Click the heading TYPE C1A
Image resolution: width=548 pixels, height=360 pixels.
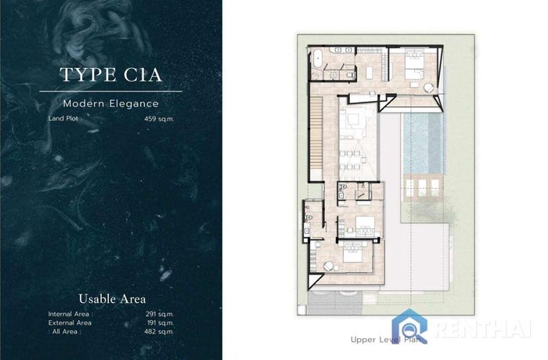111,74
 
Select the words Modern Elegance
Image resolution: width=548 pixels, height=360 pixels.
111,103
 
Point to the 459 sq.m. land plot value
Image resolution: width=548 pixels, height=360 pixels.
159,119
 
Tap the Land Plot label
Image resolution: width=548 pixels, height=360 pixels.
65,118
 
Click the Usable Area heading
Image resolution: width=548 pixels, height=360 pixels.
112,299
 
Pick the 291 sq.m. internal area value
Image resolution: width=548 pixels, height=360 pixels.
160,314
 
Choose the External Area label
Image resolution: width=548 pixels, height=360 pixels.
70,323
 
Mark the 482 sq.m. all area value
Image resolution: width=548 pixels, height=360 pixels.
159,332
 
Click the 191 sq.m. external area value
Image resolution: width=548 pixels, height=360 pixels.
160,323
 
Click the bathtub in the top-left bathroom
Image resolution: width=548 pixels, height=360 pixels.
317,59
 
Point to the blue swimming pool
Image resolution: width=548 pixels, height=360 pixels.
424,143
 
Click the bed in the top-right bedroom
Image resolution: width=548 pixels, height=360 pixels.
414,63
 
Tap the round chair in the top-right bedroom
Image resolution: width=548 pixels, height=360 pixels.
429,88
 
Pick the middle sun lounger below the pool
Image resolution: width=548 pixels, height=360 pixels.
422,188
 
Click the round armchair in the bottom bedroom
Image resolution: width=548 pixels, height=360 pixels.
329,267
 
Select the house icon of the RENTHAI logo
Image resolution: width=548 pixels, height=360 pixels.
409,326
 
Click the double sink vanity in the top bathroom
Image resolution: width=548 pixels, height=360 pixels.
343,50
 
